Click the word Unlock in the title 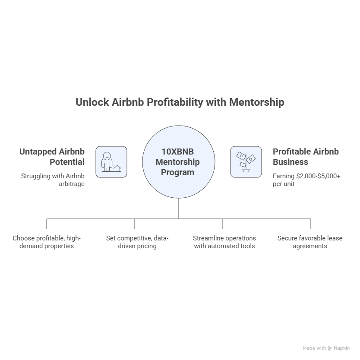coord(92,102)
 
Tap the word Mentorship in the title coord(257,102)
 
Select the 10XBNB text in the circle coord(178,152)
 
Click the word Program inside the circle coord(178,172)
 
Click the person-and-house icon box coord(111,162)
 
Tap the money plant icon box coord(246,162)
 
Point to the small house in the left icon coord(117,168)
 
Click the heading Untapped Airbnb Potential coord(52,157)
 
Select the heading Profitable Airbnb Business coord(306,157)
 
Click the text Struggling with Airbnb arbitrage coord(53,180)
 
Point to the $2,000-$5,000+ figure coord(319,176)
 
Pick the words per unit coord(284,184)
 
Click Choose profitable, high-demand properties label coord(47,242)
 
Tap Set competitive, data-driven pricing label coord(137,242)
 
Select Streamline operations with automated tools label coord(224,242)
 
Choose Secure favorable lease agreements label coord(310,242)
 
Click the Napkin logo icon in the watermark coord(330,348)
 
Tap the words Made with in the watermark coord(314,348)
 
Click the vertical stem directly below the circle coord(179,208)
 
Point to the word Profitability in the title coord(175,102)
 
